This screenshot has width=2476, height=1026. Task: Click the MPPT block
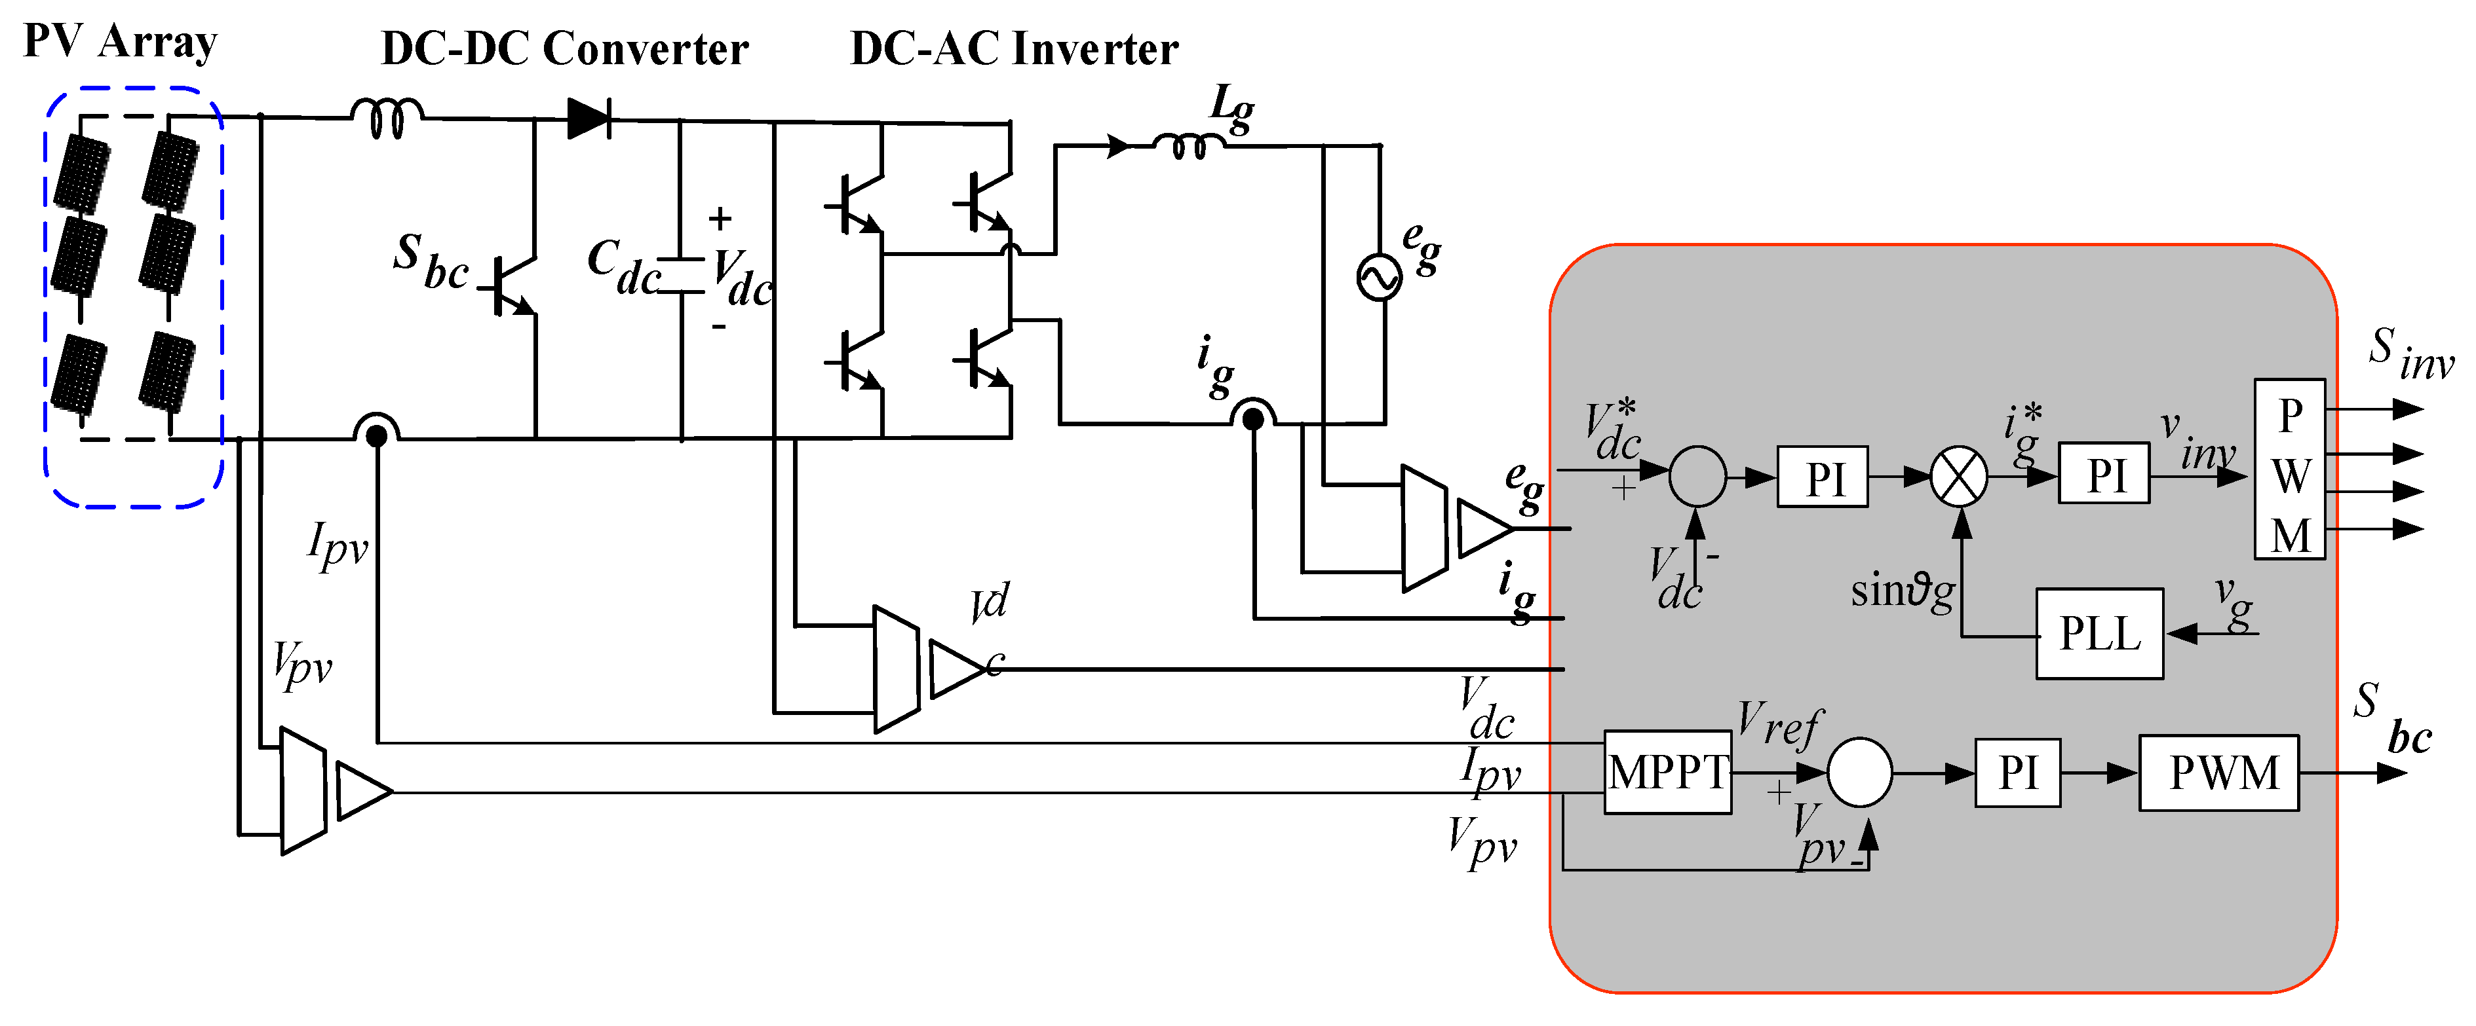[x=1668, y=773]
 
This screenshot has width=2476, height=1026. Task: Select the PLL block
[x=2099, y=634]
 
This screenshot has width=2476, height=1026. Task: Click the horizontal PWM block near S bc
[x=2218, y=773]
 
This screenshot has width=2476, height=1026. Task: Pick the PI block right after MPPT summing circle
[x=2017, y=773]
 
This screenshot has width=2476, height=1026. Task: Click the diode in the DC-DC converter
[x=589, y=119]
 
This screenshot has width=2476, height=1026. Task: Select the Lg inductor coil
[x=1188, y=146]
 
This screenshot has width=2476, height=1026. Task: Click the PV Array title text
[x=120, y=41]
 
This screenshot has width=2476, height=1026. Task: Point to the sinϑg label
[x=1901, y=591]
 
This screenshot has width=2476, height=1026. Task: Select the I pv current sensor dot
[x=377, y=436]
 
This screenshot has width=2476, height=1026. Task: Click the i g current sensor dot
[x=1252, y=419]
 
